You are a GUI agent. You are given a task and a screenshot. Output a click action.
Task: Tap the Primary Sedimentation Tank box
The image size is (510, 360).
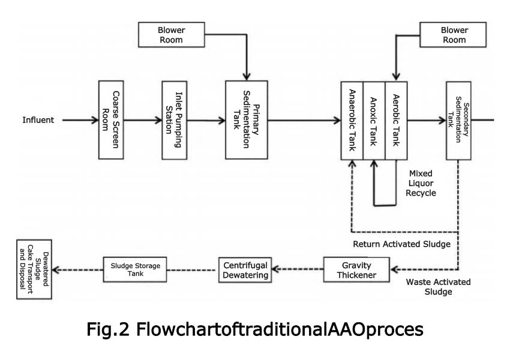(x=246, y=120)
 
